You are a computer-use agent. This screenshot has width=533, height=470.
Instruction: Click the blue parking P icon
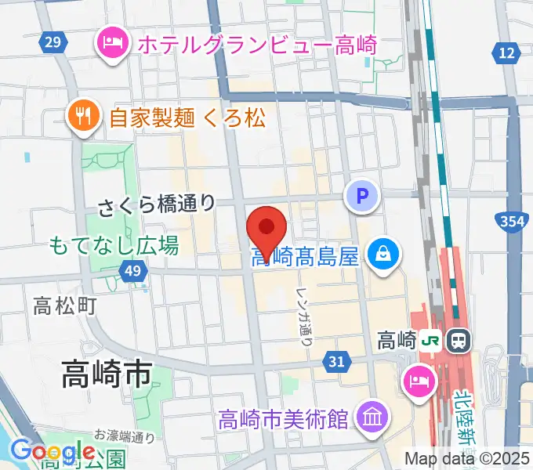pyautogui.click(x=362, y=197)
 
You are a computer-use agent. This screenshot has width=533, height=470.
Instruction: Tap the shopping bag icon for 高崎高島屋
pyautogui.click(x=385, y=255)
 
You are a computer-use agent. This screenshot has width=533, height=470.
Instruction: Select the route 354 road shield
pyautogui.click(x=512, y=222)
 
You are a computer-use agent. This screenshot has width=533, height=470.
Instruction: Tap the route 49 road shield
pyautogui.click(x=133, y=271)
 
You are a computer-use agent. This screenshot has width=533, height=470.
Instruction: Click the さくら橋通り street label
pyautogui.click(x=157, y=206)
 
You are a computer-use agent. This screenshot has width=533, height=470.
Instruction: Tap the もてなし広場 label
pyautogui.click(x=114, y=245)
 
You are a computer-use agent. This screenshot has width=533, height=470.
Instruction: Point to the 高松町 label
pyautogui.click(x=65, y=305)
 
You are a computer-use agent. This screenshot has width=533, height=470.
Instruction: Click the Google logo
pyautogui.click(x=53, y=452)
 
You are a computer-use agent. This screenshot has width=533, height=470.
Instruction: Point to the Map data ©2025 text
pyautogui.click(x=467, y=457)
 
